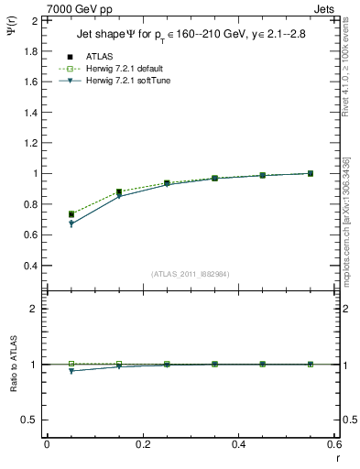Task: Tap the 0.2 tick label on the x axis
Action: (142, 443)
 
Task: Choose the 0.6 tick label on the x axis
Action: (333, 443)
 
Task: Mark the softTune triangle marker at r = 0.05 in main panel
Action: (71, 224)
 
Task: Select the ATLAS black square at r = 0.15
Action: (119, 192)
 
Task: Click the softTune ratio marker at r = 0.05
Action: (71, 371)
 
